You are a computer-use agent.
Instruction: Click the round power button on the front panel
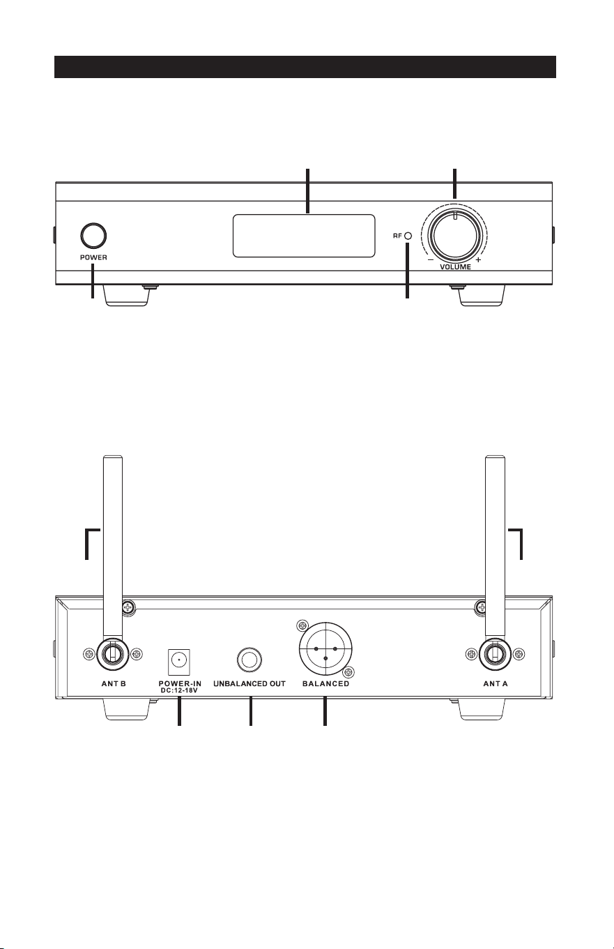click(93, 236)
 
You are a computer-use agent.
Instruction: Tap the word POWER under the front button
click(93, 257)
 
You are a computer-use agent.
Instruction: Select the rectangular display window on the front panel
click(304, 236)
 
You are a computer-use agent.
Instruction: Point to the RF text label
click(397, 236)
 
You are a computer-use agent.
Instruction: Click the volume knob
click(454, 236)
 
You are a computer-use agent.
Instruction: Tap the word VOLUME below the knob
click(455, 267)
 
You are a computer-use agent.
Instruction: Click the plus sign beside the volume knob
click(479, 259)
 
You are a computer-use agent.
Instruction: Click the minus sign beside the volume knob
click(430, 259)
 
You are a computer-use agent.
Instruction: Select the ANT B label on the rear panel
click(114, 683)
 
